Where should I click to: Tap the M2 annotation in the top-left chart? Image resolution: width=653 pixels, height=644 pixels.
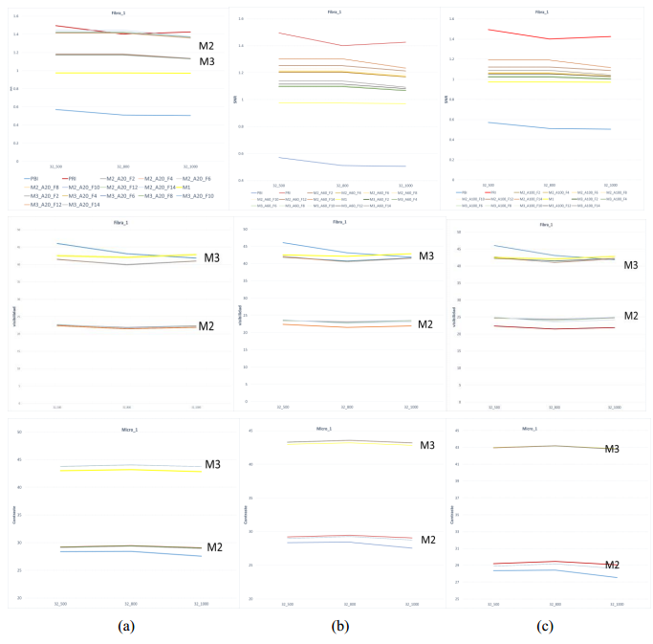coord(207,46)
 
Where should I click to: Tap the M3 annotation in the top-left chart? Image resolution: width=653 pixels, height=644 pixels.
coord(207,62)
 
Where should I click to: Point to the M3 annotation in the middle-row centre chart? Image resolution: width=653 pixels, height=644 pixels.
coord(426,255)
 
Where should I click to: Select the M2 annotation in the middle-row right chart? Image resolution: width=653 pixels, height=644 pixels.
coord(631,316)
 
